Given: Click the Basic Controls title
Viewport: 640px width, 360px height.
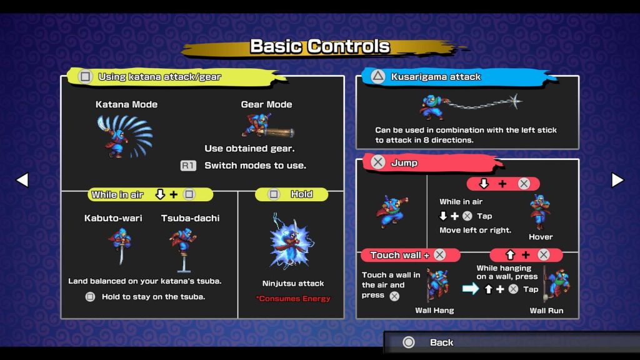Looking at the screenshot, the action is tap(320, 46).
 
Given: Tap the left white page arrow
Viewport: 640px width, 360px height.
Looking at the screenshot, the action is tap(22, 180).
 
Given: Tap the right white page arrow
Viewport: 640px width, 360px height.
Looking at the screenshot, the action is tap(617, 180).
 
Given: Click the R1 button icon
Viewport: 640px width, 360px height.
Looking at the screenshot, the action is tap(188, 166).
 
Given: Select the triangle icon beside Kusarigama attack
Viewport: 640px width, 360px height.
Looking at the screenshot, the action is tap(378, 77).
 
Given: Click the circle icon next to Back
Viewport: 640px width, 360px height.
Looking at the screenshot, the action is tap(409, 342).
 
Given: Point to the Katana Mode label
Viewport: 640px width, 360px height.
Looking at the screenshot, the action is tap(126, 104).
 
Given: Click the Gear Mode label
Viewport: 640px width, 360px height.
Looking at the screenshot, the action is tap(266, 104).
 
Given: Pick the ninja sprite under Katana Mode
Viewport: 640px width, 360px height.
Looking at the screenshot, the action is tap(124, 136).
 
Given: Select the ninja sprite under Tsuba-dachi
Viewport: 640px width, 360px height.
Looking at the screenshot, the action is tap(183, 249).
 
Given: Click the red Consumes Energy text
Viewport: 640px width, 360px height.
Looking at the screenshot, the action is tap(293, 299).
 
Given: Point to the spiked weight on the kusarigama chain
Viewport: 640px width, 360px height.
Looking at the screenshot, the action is tap(515, 101).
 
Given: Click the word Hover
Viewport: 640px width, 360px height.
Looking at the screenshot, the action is tap(541, 237).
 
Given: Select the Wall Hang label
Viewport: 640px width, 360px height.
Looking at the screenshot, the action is tap(435, 311).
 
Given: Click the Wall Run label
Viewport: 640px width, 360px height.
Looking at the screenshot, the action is tap(546, 311).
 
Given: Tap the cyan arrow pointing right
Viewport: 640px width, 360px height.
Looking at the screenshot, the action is tap(470, 289).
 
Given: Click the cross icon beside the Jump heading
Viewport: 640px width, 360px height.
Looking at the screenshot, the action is tap(378, 162).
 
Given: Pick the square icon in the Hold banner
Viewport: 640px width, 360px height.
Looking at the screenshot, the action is tap(274, 194).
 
